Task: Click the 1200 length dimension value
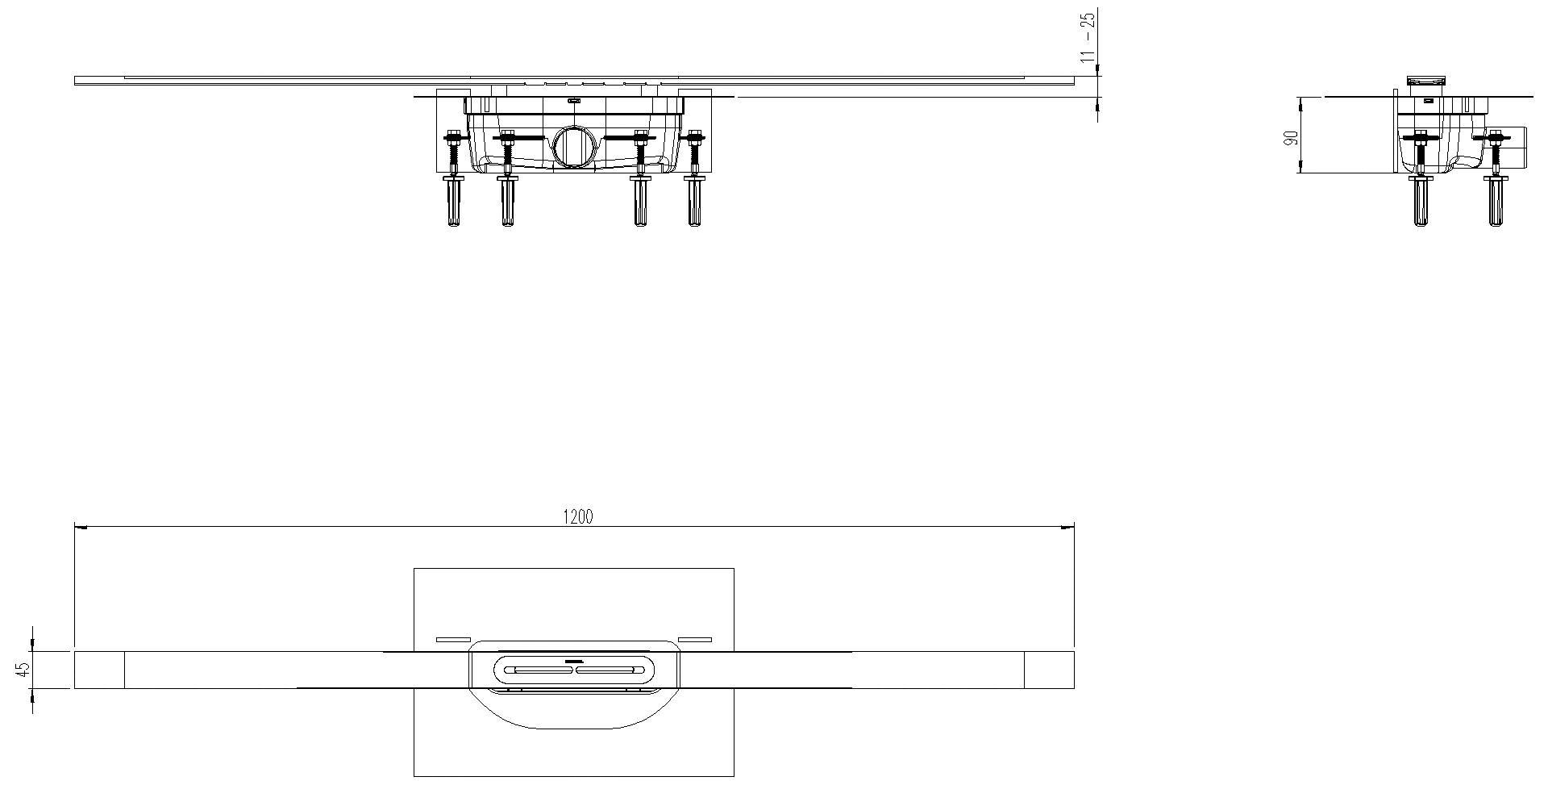(577, 517)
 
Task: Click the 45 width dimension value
(23, 669)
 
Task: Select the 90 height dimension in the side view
(1291, 136)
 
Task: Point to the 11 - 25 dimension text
(1088, 37)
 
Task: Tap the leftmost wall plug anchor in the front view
(453, 202)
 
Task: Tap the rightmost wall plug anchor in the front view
(694, 202)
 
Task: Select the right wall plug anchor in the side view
(1495, 202)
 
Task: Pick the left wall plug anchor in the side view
(1421, 202)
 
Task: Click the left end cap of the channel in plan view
(99, 670)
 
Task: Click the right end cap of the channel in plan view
(1049, 670)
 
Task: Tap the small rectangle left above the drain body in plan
(452, 640)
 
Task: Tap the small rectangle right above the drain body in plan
(695, 640)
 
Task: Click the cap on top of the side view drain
(1427, 80)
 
